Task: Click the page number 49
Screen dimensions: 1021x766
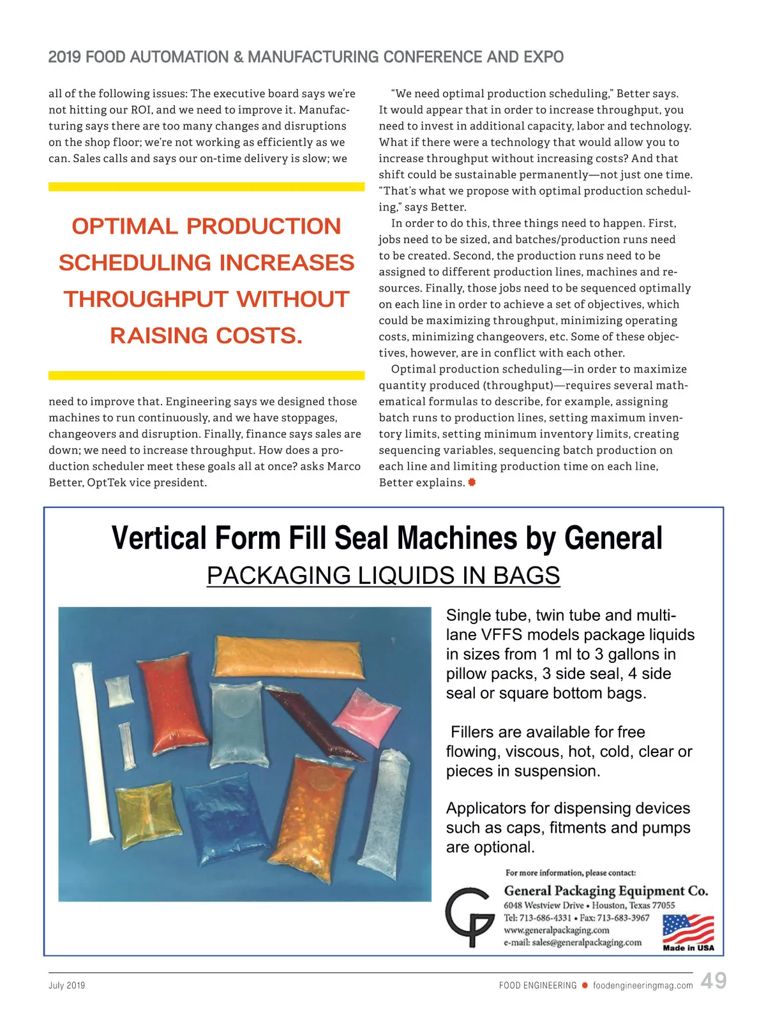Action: click(x=713, y=981)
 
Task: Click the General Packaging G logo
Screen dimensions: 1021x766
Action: click(x=470, y=916)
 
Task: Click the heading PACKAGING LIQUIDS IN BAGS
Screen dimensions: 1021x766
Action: click(x=383, y=576)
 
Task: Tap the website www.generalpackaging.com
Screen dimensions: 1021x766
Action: click(x=556, y=930)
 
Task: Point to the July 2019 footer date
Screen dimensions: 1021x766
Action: click(x=66, y=985)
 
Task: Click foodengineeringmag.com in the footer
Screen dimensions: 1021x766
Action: click(x=642, y=985)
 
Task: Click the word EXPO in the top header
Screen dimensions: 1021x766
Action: click(x=543, y=57)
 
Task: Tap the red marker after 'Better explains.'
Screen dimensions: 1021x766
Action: click(x=472, y=482)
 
